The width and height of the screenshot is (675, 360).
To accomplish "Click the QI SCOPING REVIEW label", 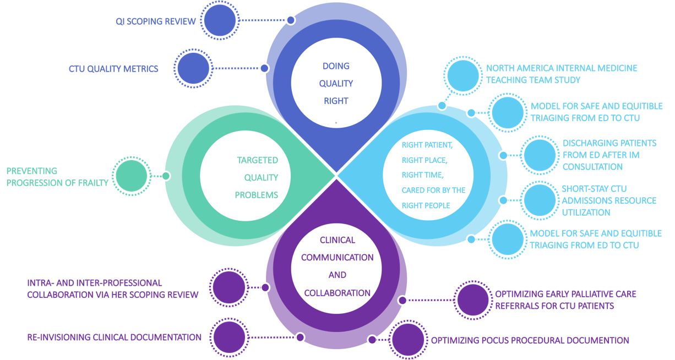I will coord(155,21).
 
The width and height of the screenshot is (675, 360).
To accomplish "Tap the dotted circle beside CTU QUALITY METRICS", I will coord(194,69).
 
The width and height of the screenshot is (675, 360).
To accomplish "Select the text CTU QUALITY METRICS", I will coord(113,69).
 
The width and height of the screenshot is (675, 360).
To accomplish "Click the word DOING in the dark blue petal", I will coord(336,66).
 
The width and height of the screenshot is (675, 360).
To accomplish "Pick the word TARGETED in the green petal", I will coord(258,160).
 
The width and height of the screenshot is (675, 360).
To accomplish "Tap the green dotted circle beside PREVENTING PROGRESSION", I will coord(132,176).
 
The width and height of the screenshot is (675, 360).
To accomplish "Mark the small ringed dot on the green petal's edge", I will coord(166,176).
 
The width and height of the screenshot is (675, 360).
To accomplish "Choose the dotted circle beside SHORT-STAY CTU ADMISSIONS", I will coord(540,200).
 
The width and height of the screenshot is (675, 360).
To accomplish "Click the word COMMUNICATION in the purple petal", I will coord(337,258).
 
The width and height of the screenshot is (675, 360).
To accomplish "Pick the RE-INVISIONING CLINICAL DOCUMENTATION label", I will coord(114,337).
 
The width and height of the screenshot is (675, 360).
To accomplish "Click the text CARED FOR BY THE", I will coord(433,190).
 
